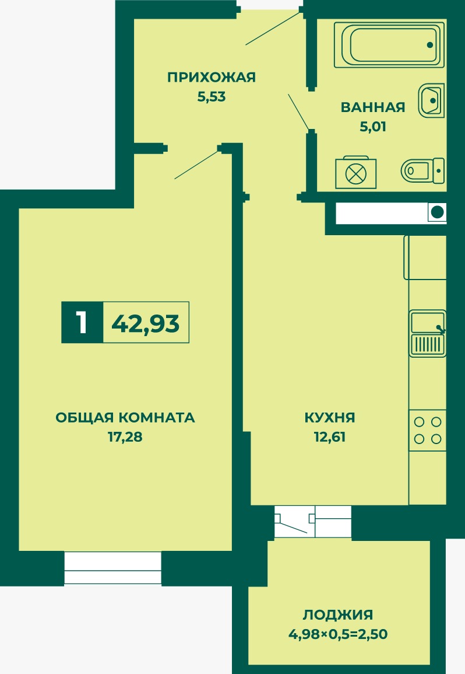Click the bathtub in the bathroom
[389, 45]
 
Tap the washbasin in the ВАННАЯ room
[431, 100]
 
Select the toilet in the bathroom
[422, 170]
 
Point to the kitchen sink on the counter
[428, 333]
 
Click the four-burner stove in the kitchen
[428, 430]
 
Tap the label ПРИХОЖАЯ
[212, 78]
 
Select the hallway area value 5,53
[212, 97]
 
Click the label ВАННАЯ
[373, 107]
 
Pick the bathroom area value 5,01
[373, 127]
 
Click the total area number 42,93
[146, 323]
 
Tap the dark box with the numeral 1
[82, 322]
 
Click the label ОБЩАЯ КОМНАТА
[125, 417]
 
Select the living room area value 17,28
[125, 437]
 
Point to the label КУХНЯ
[330, 417]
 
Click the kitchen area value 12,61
[330, 437]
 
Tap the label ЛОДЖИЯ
[338, 614]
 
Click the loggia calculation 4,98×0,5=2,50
[338, 634]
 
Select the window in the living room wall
[112, 568]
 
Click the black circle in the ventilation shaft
[437, 212]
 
